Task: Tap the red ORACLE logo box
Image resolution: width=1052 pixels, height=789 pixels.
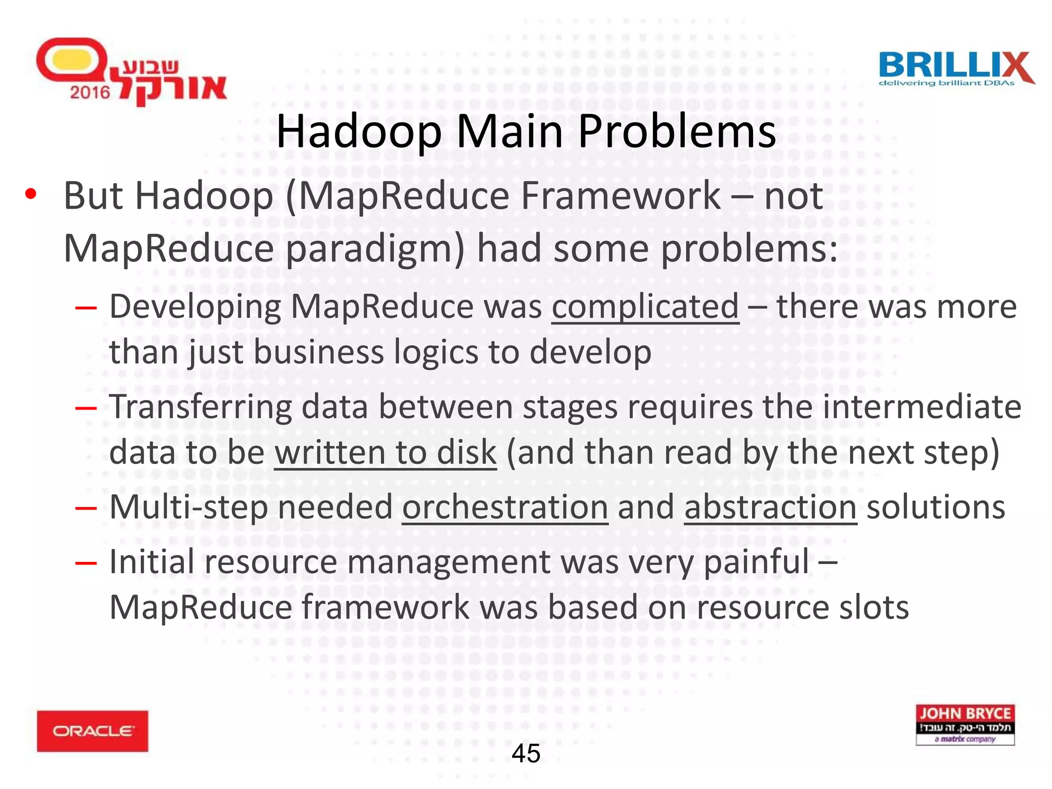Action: tap(92, 730)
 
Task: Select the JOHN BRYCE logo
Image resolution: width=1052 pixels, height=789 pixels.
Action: tap(965, 724)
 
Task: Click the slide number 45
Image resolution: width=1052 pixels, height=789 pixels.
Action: tap(526, 754)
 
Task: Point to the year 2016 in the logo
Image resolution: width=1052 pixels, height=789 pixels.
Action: tap(90, 92)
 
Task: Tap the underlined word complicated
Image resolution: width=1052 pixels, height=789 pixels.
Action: tap(645, 307)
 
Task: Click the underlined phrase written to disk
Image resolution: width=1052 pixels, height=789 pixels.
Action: tap(385, 453)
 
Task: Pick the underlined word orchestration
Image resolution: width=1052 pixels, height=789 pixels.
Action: tap(505, 507)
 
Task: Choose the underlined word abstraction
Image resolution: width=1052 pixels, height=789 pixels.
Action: tap(771, 507)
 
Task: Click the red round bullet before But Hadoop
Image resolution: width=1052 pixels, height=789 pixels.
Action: tap(31, 194)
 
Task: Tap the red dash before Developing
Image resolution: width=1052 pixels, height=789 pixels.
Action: tap(86, 308)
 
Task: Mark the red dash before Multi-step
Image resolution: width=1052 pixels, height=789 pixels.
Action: tap(86, 509)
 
